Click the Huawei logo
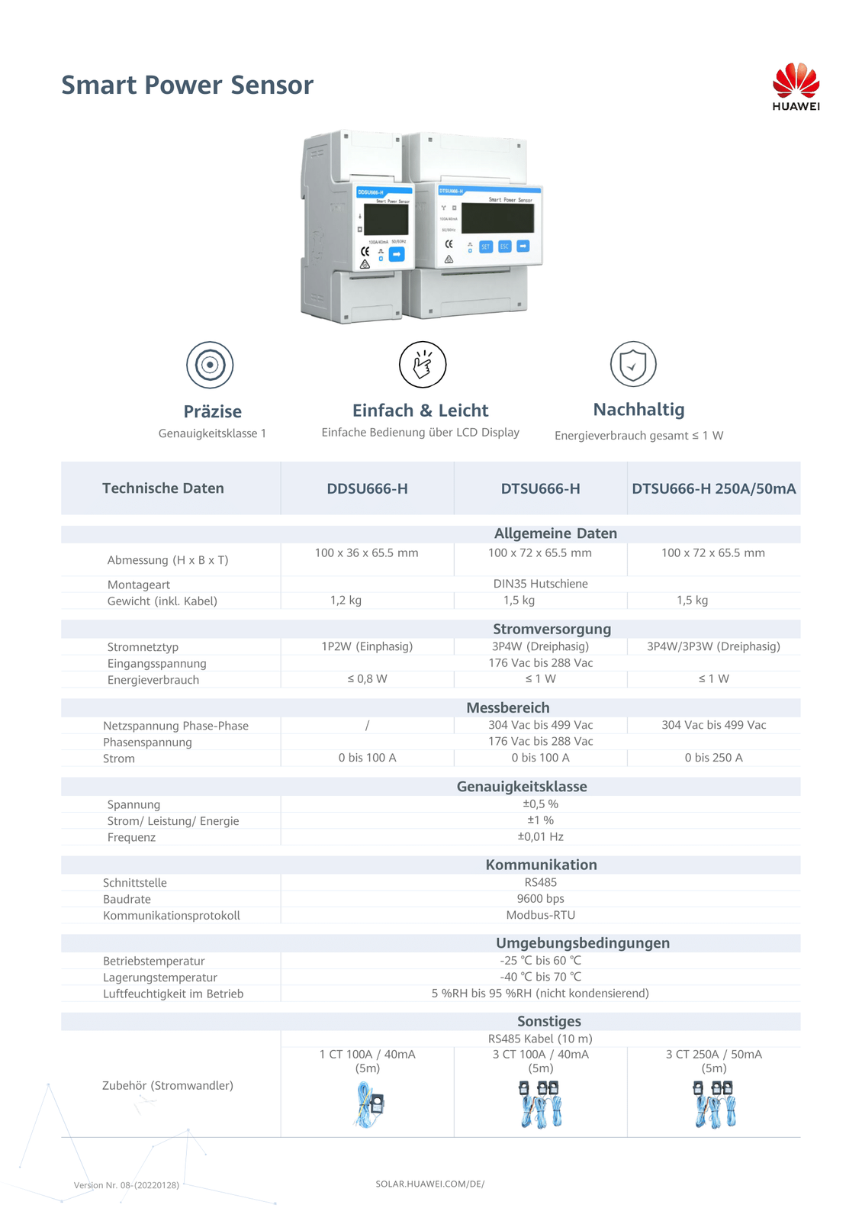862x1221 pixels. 796,86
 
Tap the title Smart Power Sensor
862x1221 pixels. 187,85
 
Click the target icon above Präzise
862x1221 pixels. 210,365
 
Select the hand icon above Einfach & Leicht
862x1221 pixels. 423,364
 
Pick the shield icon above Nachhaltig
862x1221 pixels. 633,364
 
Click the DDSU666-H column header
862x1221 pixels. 367,488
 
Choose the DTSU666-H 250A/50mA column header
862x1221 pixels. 713,488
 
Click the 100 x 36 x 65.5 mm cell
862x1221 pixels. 366,553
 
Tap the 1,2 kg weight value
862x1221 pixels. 346,600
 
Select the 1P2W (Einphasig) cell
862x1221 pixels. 367,646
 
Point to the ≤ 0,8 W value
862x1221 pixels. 367,678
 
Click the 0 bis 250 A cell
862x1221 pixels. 713,758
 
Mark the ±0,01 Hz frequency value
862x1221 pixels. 540,836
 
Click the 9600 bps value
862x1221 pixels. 540,898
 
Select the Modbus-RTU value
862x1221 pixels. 540,915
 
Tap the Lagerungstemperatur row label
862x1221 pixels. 160,978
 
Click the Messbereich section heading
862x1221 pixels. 507,707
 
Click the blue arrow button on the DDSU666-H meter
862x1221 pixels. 397,254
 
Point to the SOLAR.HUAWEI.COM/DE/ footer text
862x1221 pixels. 429,1184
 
